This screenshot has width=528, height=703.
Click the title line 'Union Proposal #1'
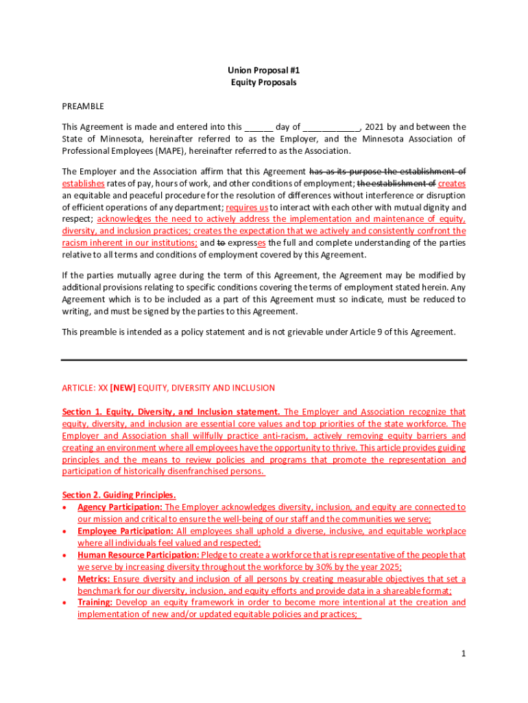pos(264,70)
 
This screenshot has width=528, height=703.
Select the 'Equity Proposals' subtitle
pos(264,82)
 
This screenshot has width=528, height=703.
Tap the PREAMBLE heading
pos(83,106)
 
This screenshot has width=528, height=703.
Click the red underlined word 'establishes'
pos(83,184)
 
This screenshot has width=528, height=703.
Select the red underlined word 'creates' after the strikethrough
pos(452,184)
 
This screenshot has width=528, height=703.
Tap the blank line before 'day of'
pos(259,127)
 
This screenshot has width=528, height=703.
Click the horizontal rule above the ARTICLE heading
pos(264,360)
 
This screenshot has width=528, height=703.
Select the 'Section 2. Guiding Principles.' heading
pos(119,495)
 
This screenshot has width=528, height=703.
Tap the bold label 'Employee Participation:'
pos(125,531)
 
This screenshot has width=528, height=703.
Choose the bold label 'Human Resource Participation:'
pos(138,555)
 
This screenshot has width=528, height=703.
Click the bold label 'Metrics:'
pos(93,579)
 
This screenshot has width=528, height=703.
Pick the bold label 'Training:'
pos(95,602)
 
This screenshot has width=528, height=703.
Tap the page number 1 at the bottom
pos(464,654)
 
